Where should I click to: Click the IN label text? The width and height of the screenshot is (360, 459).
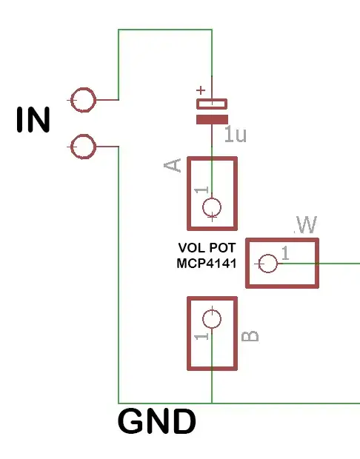coord(33,120)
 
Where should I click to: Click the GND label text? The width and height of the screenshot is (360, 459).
coord(157,423)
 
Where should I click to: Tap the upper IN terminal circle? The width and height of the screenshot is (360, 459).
coord(84,99)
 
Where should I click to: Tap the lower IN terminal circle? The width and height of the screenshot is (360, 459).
coord(84,147)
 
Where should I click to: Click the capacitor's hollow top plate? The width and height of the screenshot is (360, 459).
coord(212,104)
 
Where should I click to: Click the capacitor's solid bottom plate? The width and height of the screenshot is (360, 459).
coord(212,118)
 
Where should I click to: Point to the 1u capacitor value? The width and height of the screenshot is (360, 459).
coord(235,135)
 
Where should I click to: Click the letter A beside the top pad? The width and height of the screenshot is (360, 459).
coord(173,165)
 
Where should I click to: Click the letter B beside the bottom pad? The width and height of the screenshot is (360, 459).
coord(251,336)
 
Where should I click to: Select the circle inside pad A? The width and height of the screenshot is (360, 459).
coord(212,208)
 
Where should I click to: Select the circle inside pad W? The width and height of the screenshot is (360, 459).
coord(267,263)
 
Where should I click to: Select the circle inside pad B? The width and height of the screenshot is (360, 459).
coord(212,318)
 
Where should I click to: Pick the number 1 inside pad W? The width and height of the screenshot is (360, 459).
coord(285,253)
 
